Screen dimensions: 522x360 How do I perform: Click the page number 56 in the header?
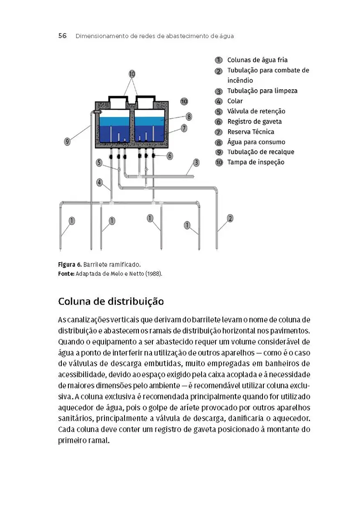click(x=62, y=36)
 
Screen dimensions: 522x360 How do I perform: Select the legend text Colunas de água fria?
click(x=257, y=60)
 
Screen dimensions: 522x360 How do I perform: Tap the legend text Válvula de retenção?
click(x=256, y=111)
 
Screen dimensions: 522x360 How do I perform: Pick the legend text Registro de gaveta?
click(x=254, y=122)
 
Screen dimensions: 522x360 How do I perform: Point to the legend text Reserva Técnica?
click(x=251, y=132)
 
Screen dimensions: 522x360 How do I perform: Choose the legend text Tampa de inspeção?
click(x=256, y=162)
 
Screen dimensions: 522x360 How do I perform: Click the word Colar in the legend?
click(x=235, y=101)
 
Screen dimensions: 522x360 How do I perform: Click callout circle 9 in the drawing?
click(x=67, y=141)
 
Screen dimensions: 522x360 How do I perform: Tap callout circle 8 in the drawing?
click(x=188, y=117)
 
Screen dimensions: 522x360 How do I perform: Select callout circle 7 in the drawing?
click(x=184, y=128)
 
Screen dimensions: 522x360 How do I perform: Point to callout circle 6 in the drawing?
click(x=169, y=155)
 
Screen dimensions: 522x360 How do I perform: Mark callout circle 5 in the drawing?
click(x=100, y=162)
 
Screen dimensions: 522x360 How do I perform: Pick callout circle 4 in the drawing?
click(x=100, y=183)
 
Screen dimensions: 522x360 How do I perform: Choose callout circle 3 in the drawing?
click(x=196, y=162)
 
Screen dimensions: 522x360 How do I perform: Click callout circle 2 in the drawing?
click(x=230, y=218)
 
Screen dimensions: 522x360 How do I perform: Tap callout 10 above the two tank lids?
click(x=132, y=74)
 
